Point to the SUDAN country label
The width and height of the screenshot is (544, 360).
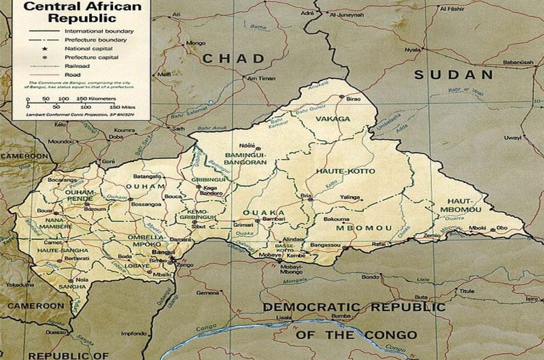(454, 74)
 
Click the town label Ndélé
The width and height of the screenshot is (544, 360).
(247, 146)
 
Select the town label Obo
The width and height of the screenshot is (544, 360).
(503, 227)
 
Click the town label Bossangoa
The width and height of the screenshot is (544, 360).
(145, 203)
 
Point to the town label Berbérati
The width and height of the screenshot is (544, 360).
(77, 259)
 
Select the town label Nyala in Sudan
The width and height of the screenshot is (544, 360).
(411, 50)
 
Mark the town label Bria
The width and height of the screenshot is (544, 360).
(307, 195)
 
